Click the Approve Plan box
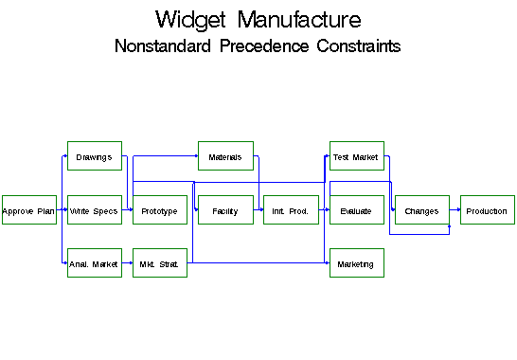coord(28,210)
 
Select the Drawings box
coord(94,156)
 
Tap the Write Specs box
coord(94,210)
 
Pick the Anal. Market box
coord(94,264)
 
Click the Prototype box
coord(160,210)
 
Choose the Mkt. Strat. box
coord(160,264)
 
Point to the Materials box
coord(225,156)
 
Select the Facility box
coord(225,210)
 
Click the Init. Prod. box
coord(291,210)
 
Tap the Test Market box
coord(356,156)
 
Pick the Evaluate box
coord(356,210)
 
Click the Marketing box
coord(356,264)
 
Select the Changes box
coord(421,210)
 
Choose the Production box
coord(487,210)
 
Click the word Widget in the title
coord(192,20)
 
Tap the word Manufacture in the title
coord(299,20)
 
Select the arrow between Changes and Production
coord(455,210)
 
